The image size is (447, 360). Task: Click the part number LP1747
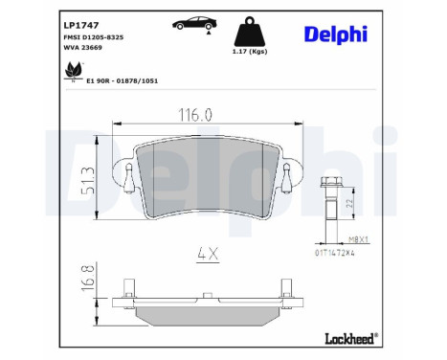click(81, 25)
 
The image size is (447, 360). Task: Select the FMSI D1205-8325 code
click(94, 37)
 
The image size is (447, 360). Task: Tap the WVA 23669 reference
click(83, 48)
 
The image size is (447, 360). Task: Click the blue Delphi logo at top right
click(336, 34)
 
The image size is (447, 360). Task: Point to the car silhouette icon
click(194, 23)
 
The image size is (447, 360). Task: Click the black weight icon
click(250, 32)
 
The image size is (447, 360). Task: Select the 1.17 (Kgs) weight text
click(250, 52)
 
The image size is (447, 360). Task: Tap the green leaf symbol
click(74, 71)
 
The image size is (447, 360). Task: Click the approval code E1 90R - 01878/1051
click(123, 81)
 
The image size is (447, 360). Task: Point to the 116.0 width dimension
click(195, 115)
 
